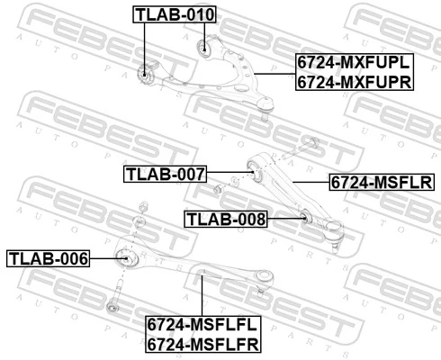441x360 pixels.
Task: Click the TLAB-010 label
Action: (175, 14)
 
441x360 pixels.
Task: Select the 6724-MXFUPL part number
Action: (354, 63)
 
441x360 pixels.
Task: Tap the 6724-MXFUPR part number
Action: (354, 82)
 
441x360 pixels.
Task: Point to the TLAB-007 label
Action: (166, 173)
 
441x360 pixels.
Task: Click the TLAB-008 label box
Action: (226, 218)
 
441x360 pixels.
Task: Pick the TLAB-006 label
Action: (49, 259)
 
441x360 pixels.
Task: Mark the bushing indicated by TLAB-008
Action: (304, 216)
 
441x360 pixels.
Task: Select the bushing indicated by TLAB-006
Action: (127, 259)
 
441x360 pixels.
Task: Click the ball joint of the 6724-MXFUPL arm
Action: (265, 109)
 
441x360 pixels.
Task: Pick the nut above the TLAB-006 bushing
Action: (139, 221)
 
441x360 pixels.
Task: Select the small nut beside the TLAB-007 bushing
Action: (218, 188)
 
